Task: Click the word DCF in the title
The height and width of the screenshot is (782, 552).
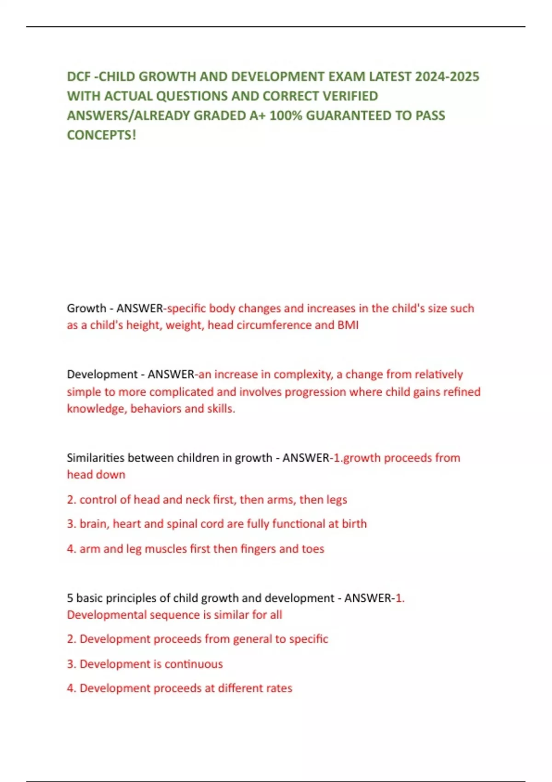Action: point(79,76)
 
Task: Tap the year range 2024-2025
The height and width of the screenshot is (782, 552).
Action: point(447,76)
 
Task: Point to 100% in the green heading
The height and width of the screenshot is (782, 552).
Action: point(286,115)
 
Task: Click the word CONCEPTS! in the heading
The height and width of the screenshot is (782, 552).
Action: point(102,135)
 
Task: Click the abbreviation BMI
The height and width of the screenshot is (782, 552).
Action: point(348,325)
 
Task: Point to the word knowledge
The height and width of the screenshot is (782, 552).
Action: point(96,408)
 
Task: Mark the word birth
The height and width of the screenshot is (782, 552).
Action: point(354,524)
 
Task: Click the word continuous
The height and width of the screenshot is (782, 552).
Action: point(194,664)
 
